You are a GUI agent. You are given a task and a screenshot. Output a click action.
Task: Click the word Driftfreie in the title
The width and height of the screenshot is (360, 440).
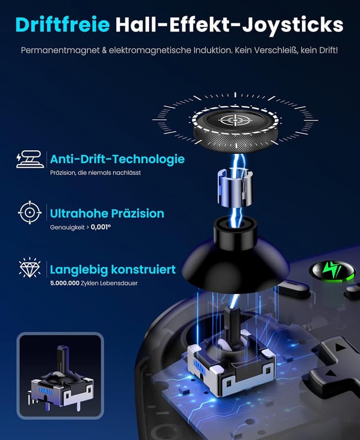[x=62, y=25]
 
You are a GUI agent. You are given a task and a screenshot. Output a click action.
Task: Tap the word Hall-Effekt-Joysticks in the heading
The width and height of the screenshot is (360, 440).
[x=229, y=25]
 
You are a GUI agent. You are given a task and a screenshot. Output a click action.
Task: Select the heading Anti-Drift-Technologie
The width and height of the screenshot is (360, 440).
[x=117, y=159]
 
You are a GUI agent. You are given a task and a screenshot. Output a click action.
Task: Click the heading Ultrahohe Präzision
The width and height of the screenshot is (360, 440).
[x=107, y=213]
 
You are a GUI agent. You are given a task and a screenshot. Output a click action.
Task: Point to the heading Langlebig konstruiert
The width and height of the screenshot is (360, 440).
[x=112, y=269]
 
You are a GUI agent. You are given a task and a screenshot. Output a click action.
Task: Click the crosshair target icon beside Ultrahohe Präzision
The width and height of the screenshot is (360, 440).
[x=29, y=213]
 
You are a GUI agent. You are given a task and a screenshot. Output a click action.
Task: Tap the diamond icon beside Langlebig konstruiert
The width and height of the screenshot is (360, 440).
[x=29, y=268]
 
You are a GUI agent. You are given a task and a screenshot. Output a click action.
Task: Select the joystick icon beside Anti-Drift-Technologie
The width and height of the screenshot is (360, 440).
[x=29, y=159]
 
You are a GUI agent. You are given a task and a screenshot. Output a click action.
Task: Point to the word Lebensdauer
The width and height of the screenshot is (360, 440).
[x=121, y=283]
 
